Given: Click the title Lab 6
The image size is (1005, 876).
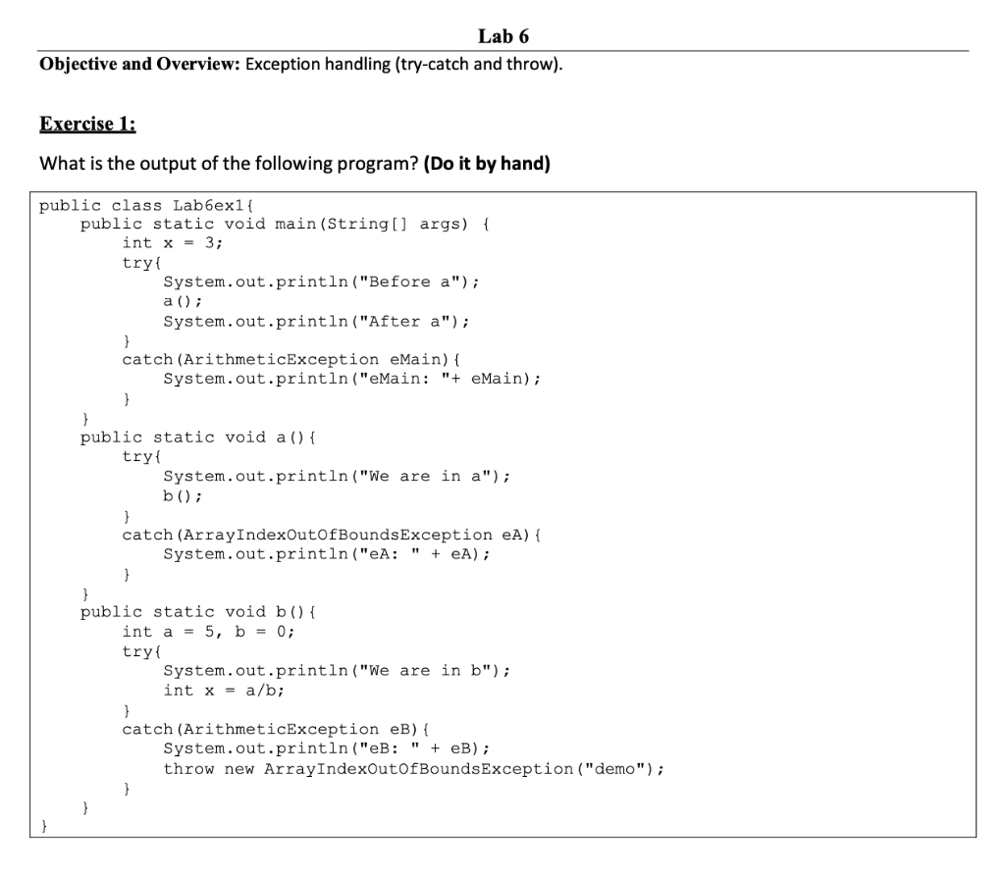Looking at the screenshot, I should tap(503, 37).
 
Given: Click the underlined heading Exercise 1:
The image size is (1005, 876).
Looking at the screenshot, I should tap(87, 125).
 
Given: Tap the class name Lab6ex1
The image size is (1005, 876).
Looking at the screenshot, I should tap(212, 205).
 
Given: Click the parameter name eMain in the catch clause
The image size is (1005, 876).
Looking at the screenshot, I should tap(415, 360).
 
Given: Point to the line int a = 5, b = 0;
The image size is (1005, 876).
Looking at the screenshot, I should tap(208, 632).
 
